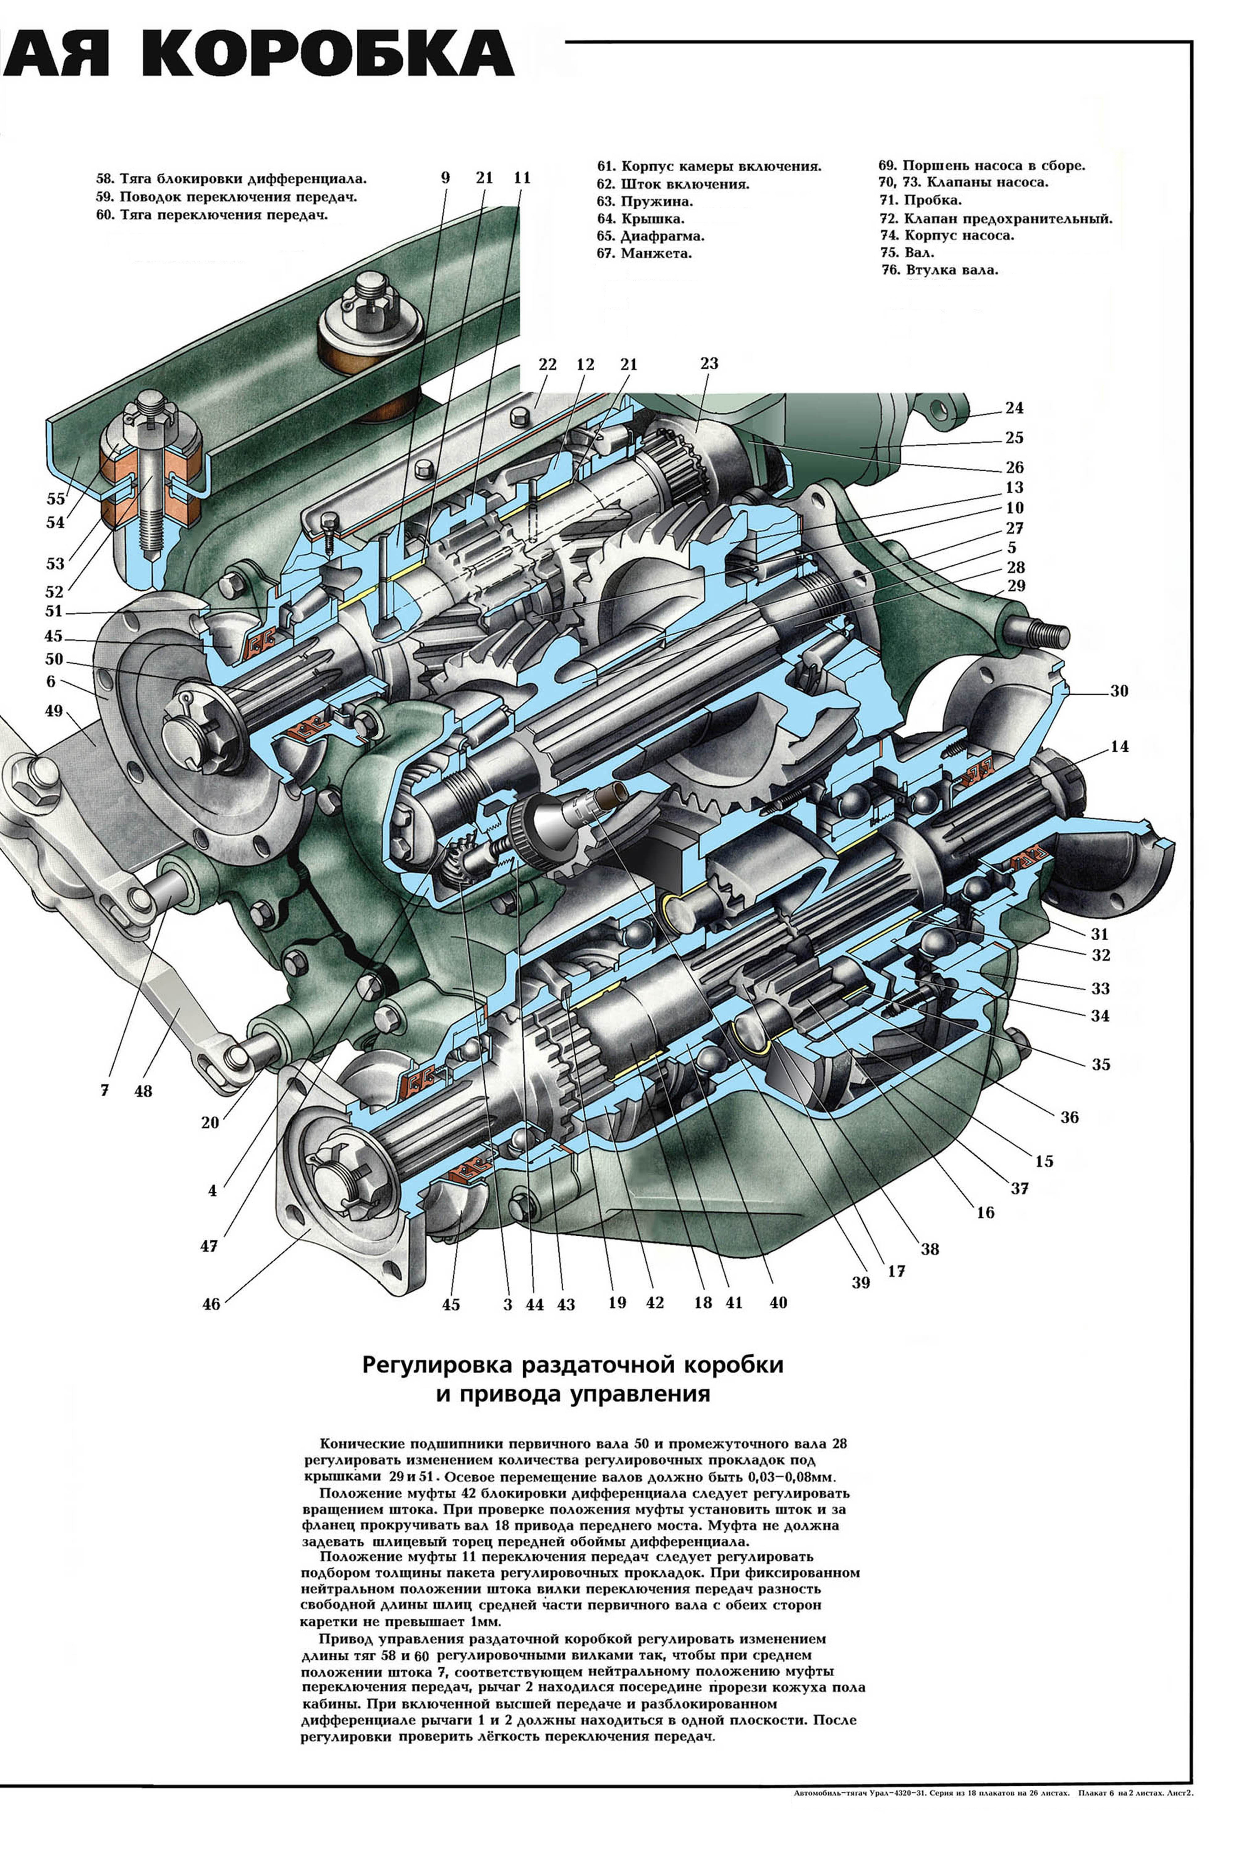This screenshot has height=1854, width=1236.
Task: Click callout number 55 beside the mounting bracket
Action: (x=55, y=499)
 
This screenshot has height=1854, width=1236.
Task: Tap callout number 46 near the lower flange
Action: (x=211, y=1304)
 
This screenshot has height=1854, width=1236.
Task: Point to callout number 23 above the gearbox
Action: (x=709, y=363)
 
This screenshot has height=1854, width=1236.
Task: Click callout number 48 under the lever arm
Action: (x=143, y=1092)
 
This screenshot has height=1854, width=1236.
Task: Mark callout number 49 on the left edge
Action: (x=53, y=711)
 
